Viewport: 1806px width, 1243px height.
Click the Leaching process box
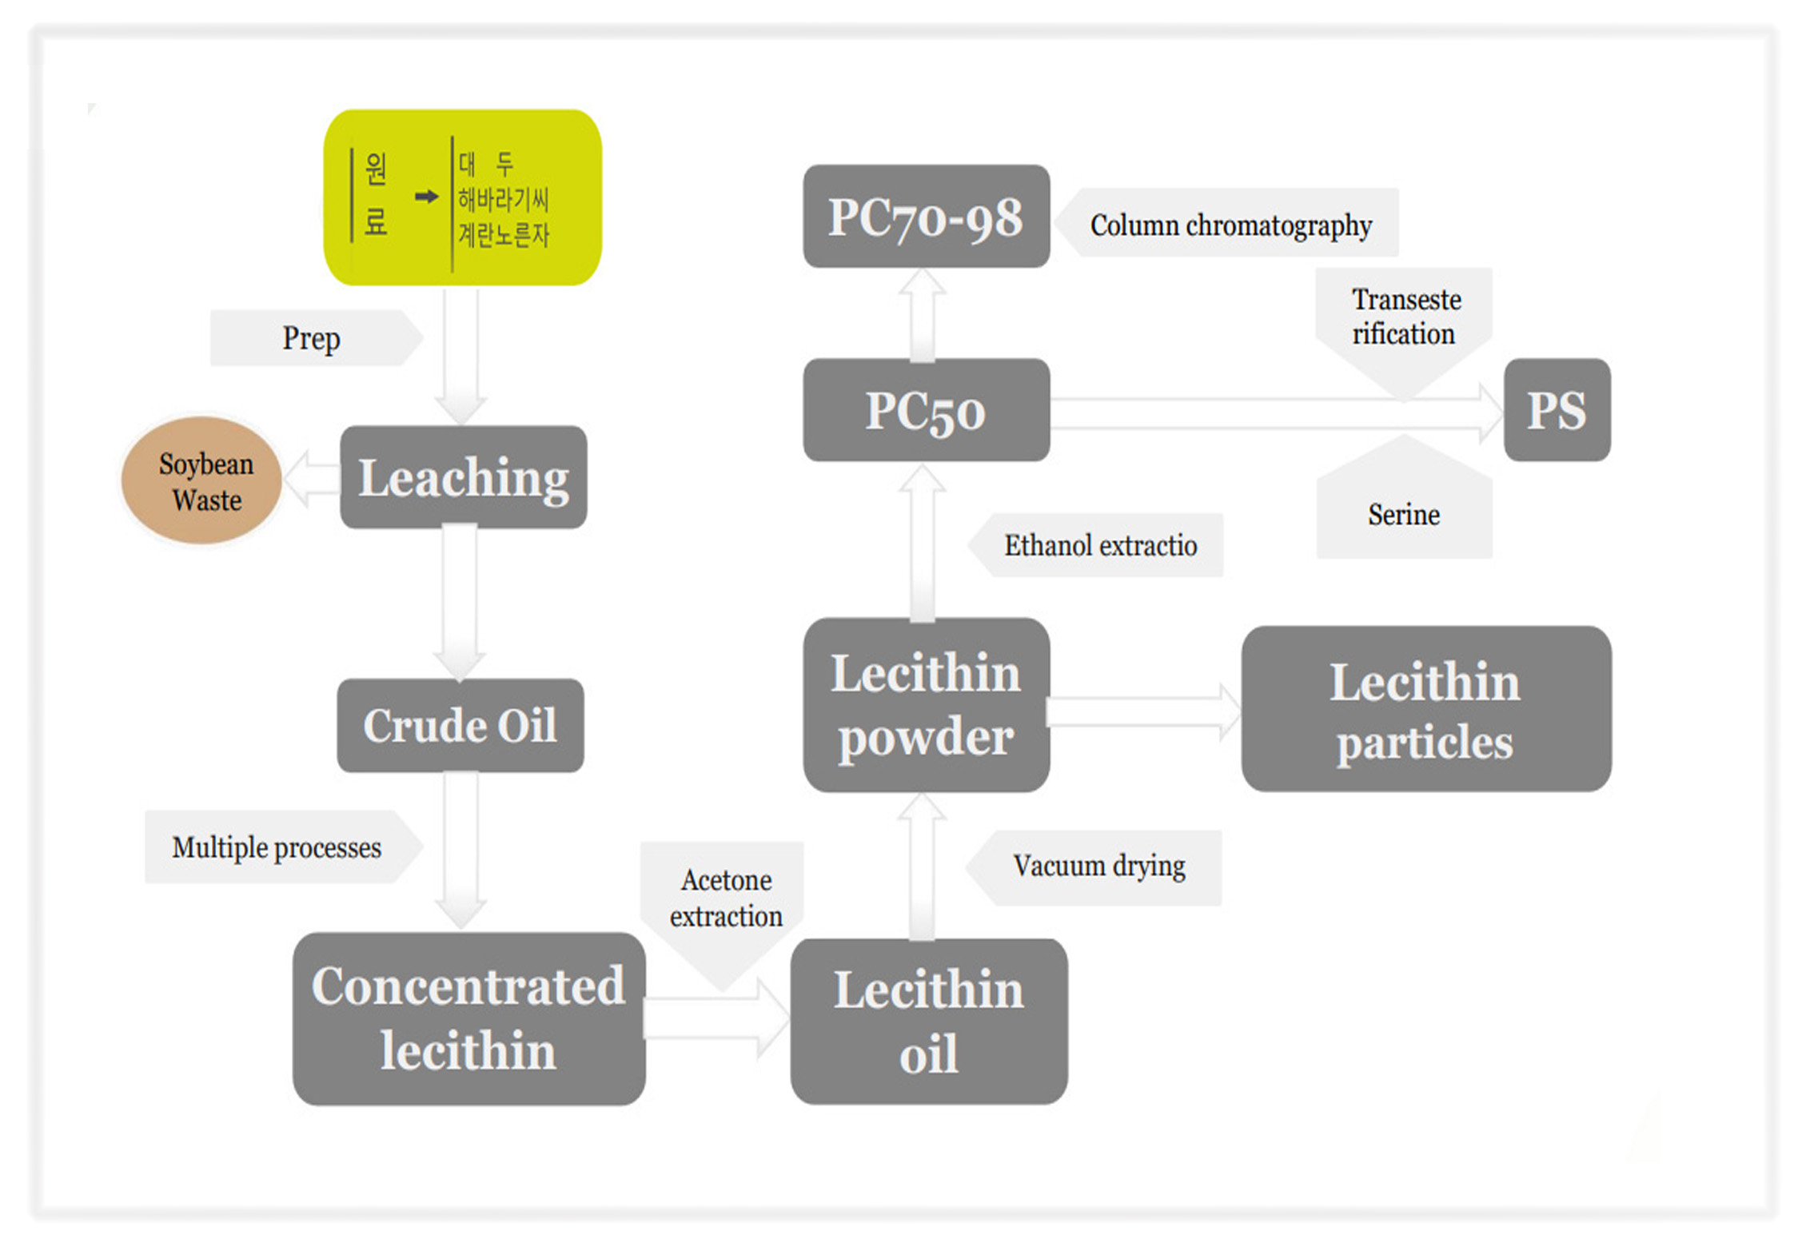pyautogui.click(x=463, y=477)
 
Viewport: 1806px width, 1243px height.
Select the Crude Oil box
pyautogui.click(x=460, y=725)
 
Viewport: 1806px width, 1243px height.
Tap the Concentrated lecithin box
pyautogui.click(x=468, y=1018)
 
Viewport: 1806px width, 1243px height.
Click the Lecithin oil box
pyautogui.click(x=928, y=1022)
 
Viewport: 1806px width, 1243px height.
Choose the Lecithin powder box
pyautogui.click(x=926, y=705)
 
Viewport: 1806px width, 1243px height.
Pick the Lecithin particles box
pyautogui.click(x=1425, y=709)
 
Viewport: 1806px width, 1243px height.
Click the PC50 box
pyautogui.click(x=926, y=410)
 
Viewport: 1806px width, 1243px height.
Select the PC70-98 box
pyautogui.click(x=926, y=217)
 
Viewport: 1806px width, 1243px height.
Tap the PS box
pyautogui.click(x=1557, y=410)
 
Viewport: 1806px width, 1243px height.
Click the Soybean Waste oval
pyautogui.click(x=202, y=480)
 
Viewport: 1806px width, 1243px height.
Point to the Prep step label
pyautogui.click(x=312, y=338)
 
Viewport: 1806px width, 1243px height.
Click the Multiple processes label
pyautogui.click(x=277, y=847)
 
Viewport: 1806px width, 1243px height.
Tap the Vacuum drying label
pyautogui.click(x=1098, y=867)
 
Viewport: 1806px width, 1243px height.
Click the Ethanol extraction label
pyautogui.click(x=1100, y=546)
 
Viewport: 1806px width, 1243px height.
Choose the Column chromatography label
pyautogui.click(x=1230, y=225)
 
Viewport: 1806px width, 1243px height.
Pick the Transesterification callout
pyautogui.click(x=1405, y=318)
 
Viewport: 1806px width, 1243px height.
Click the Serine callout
pyautogui.click(x=1404, y=515)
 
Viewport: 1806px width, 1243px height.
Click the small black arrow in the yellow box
pyautogui.click(x=427, y=197)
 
